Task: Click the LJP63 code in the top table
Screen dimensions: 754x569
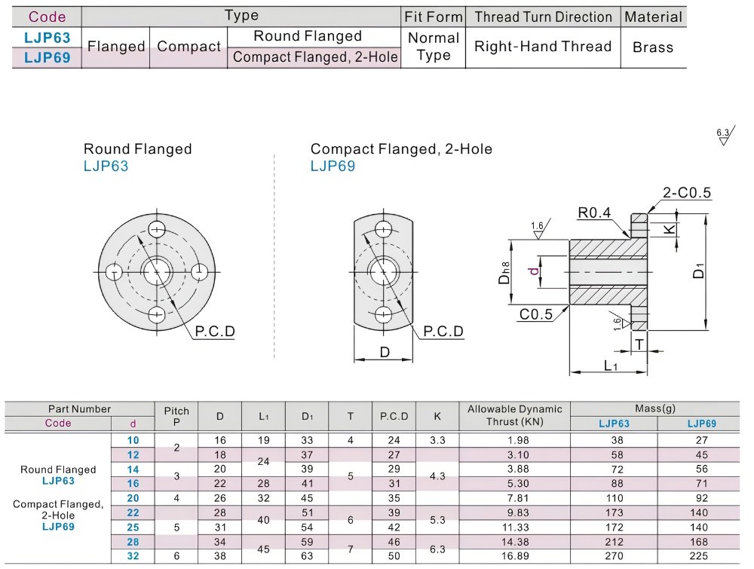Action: (47, 38)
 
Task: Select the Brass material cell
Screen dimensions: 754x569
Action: (652, 47)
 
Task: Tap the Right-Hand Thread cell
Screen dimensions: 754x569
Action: (542, 47)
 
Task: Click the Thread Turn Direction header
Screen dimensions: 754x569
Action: (543, 17)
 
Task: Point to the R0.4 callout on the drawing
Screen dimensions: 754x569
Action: (594, 213)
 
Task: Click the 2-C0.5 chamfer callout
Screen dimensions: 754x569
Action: (686, 192)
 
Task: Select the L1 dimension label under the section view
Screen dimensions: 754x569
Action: (611, 366)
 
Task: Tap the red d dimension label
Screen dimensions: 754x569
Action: (534, 271)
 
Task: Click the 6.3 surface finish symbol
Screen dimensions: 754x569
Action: (725, 136)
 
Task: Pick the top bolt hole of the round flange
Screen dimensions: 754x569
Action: (157, 229)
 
